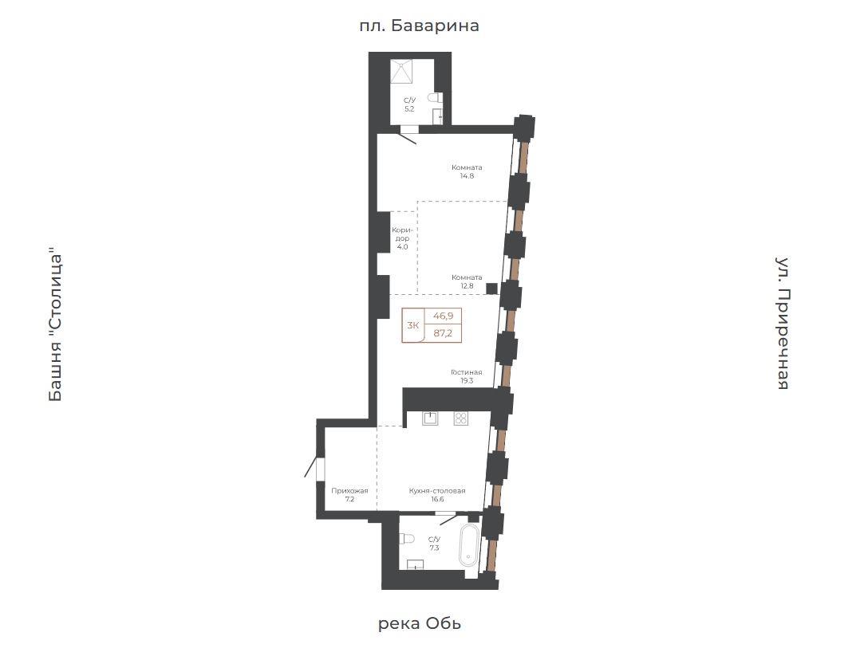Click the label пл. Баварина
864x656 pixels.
coord(419,26)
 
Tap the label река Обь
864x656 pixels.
coord(420,623)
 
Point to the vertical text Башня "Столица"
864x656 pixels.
coord(56,328)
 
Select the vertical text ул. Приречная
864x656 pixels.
coord(783,324)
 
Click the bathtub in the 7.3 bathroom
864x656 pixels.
coord(469,544)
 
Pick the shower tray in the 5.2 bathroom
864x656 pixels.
coord(401,72)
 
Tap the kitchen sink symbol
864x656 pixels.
coord(430,418)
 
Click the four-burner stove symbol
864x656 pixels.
coord(460,418)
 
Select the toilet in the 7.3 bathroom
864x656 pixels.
coord(407,538)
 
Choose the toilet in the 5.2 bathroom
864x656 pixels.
coord(436,98)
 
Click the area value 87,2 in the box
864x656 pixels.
coord(443,333)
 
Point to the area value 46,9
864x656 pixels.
coord(443,316)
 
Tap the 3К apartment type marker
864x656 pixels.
coord(412,325)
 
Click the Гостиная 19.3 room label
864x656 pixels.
coord(466,376)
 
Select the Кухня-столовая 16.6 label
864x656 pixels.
coord(437,495)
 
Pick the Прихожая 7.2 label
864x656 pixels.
coord(349,495)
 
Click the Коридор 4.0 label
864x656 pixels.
coord(402,238)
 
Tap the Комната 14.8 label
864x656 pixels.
coord(467,171)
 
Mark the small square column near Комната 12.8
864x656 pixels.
coord(491,289)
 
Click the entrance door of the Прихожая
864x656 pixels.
coord(313,466)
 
